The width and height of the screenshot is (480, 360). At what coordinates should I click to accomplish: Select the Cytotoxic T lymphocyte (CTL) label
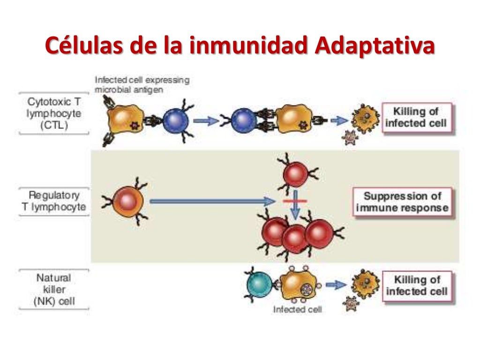pos(54,114)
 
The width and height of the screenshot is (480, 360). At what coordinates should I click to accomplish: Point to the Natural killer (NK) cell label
pos(54,290)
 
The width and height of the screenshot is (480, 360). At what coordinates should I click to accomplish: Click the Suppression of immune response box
pos(402,202)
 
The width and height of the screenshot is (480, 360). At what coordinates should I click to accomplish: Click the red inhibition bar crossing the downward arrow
pos(295,201)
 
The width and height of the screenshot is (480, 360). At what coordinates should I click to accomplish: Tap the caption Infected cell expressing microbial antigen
pos(142,85)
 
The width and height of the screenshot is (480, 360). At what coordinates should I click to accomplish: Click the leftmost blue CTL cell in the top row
pos(175,120)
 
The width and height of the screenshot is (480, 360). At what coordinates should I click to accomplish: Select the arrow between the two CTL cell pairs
pos(206,121)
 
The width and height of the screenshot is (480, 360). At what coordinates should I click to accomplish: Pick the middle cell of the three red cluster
pos(295,238)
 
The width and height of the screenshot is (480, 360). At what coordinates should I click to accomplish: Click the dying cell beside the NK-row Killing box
pos(365,284)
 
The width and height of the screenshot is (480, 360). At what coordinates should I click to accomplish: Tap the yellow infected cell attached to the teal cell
pos(299,285)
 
